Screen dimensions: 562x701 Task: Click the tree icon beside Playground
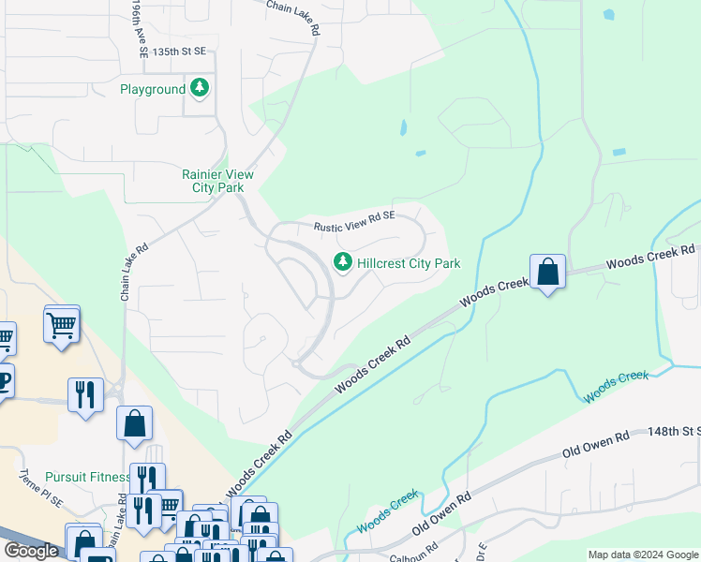click(x=200, y=89)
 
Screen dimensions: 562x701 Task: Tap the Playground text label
click(x=153, y=90)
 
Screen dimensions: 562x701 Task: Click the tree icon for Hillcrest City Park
click(x=343, y=263)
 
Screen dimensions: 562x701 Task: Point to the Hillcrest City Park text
click(x=410, y=264)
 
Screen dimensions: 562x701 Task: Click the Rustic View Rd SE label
click(x=354, y=220)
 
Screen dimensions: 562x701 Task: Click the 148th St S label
click(x=674, y=432)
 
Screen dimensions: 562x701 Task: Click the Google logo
click(x=31, y=551)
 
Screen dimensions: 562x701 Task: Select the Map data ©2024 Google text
click(x=643, y=555)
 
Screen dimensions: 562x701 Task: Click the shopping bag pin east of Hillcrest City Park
click(x=547, y=273)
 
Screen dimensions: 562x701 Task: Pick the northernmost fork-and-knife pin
click(x=86, y=394)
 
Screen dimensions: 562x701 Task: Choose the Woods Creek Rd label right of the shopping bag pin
click(x=649, y=258)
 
